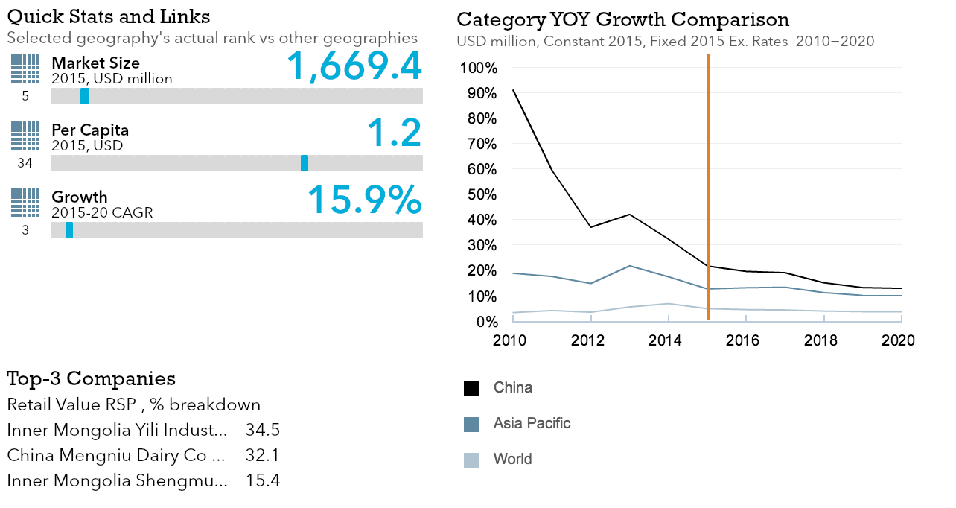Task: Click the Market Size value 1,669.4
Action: (x=354, y=66)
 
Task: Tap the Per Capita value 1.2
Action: (x=394, y=133)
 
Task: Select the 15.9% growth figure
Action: (x=365, y=200)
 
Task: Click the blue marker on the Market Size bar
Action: (x=85, y=96)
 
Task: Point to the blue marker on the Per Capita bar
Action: (x=305, y=163)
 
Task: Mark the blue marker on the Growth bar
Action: (x=69, y=230)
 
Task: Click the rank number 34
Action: (x=25, y=163)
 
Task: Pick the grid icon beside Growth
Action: (x=25, y=202)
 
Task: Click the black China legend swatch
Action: (x=471, y=389)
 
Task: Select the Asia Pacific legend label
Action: (x=532, y=424)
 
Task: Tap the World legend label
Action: (x=512, y=459)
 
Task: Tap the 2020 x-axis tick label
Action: (x=898, y=340)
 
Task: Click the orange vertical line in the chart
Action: (x=708, y=186)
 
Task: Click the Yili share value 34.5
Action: (x=262, y=431)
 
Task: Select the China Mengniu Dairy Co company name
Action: (x=115, y=456)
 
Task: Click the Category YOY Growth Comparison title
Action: (x=622, y=19)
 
